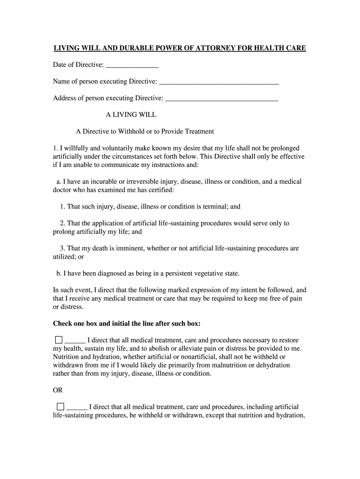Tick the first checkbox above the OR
coord(58,340)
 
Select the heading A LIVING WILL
coord(131,115)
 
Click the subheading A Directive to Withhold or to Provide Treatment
coord(145,131)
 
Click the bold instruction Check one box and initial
coord(127,324)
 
